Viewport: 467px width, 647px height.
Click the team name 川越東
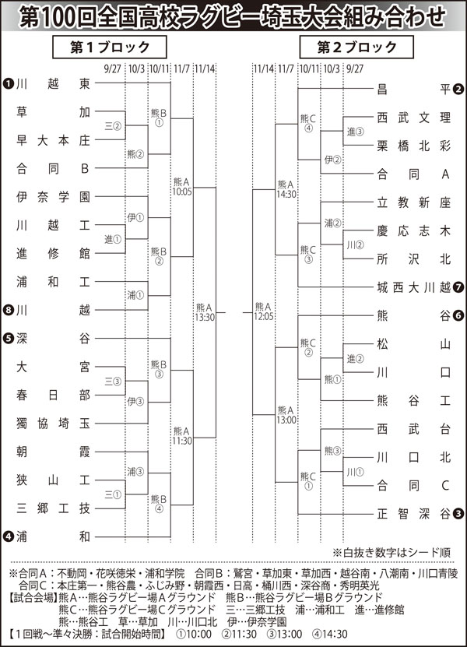[53, 83]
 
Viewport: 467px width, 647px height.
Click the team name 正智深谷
[413, 513]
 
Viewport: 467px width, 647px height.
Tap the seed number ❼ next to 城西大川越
[459, 287]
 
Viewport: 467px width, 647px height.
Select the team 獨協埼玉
[53, 423]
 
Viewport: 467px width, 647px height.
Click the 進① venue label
[112, 239]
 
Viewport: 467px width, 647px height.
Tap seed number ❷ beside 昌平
[459, 89]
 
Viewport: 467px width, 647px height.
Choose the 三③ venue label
[112, 381]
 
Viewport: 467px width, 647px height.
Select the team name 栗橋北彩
[413, 146]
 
